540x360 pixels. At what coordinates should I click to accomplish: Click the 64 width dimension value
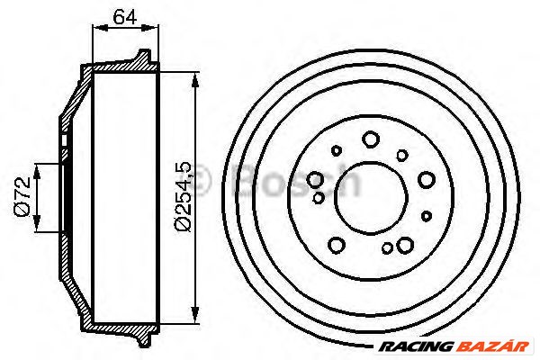[x=126, y=15]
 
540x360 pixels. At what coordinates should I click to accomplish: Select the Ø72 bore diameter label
[x=24, y=197]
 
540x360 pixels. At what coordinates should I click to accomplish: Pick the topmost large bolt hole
[x=371, y=139]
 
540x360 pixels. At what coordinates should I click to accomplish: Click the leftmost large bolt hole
[x=317, y=179]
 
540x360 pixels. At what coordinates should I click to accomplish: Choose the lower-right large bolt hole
[x=404, y=244]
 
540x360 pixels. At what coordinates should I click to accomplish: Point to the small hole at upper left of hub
[x=337, y=151]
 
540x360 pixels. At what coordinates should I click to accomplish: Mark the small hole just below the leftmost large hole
[x=318, y=196]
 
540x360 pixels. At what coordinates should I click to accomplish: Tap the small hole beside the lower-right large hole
[x=387, y=248]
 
